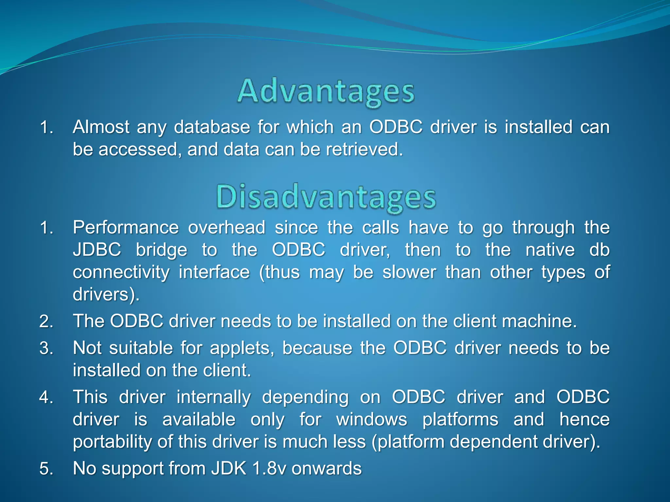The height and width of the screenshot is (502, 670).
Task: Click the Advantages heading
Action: tap(326, 92)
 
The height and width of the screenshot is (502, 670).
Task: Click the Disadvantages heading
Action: tap(326, 197)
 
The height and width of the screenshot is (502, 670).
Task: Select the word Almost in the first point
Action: tap(101, 127)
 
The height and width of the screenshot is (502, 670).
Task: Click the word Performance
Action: tap(126, 227)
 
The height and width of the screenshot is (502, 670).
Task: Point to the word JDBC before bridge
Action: tap(97, 250)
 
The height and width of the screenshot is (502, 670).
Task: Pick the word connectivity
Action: tap(121, 272)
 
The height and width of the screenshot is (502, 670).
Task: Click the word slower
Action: tap(409, 272)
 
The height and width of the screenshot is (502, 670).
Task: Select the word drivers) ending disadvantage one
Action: tap(106, 294)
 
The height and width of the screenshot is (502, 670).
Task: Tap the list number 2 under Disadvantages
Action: tap(46, 321)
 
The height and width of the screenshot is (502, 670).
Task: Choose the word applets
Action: tap(242, 348)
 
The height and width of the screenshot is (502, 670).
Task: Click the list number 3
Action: tap(46, 348)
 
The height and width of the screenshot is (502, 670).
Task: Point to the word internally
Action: tap(214, 397)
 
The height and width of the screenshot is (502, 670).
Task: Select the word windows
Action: tap(372, 420)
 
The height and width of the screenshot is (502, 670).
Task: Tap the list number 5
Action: tap(46, 469)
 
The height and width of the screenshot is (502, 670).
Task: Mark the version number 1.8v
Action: tap(269, 469)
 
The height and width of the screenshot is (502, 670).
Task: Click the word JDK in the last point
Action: tap(228, 469)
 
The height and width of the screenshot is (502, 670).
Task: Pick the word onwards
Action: tap(326, 469)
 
